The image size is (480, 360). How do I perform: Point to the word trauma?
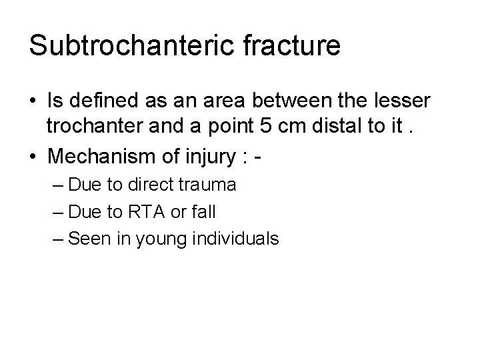point(208,185)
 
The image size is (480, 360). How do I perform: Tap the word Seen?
point(87,238)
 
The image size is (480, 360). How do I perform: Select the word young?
point(157,238)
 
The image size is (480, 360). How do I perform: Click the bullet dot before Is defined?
point(33,101)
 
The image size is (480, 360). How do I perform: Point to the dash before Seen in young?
point(57,239)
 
